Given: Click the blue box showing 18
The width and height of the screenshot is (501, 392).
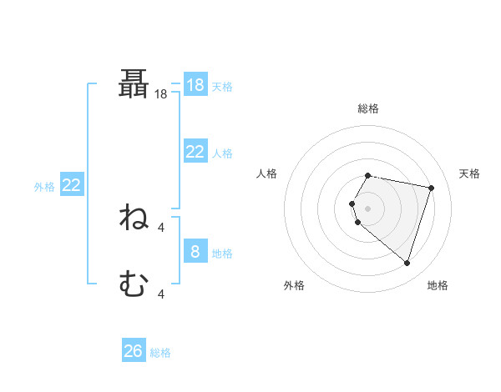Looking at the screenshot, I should pos(195,85).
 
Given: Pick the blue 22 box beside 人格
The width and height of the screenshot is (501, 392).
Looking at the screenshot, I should pos(195,152).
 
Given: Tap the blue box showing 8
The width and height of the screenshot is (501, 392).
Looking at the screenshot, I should pos(195,252).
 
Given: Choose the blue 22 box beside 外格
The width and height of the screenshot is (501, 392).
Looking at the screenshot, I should pos(71,185).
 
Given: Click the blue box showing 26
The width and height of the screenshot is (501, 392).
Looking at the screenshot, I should pos(134,351).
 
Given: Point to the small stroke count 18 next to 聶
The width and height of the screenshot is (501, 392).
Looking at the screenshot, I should pos(161,95).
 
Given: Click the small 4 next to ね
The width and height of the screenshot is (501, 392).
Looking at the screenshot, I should pos(161,226).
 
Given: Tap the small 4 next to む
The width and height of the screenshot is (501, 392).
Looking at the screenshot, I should pos(161,294).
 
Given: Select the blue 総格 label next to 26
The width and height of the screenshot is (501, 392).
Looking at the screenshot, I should pos(160,353).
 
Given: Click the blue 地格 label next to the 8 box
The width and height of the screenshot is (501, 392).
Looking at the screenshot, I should pos(222,254).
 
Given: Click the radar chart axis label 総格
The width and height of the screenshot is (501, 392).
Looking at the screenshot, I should pos(367,108).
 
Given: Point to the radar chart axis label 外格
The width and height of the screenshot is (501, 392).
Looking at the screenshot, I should pos(294,285).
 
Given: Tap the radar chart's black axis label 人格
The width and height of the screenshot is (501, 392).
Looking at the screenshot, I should pos(267,173).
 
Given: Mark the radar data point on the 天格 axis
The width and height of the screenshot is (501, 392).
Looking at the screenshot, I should pos(431,188).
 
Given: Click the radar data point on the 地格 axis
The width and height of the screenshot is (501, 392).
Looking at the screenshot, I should pos(407,263).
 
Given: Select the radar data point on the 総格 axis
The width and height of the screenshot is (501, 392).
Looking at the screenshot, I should pos(367,176).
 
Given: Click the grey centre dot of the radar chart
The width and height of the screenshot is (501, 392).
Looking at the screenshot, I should pos(367,209).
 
